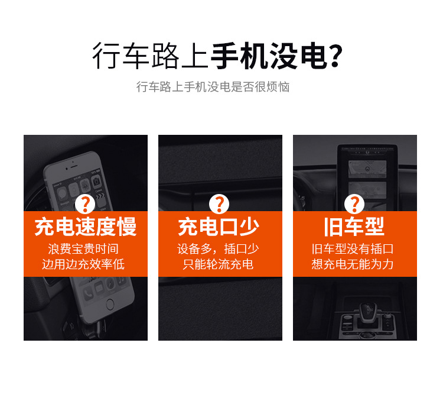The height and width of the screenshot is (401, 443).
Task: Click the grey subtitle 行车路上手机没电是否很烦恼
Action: tap(213, 87)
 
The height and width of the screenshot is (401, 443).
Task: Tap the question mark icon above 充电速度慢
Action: tap(85, 204)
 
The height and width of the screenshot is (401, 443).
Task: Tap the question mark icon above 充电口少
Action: tap(219, 204)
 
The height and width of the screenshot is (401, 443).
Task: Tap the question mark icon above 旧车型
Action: tap(354, 204)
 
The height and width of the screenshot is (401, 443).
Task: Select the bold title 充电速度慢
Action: tap(85, 227)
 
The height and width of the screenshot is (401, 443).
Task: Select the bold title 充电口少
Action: tap(219, 227)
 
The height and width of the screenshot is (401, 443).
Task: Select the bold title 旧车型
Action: tap(354, 227)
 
